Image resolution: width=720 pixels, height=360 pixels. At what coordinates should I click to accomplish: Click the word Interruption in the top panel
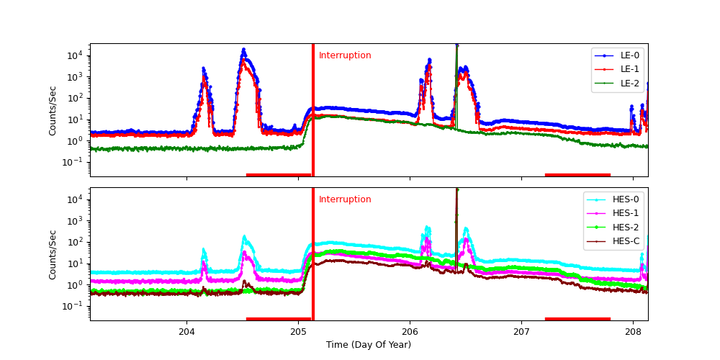(x=345, y=55)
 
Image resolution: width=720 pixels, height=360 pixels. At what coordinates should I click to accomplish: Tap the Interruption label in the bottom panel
(x=345, y=199)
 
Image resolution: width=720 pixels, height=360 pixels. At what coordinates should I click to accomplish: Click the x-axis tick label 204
(x=187, y=332)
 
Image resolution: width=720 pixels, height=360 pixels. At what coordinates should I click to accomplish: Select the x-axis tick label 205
(x=299, y=332)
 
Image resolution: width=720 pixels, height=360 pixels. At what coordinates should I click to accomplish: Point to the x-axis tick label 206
(x=410, y=332)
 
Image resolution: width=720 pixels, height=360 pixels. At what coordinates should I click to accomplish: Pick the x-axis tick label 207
(x=521, y=332)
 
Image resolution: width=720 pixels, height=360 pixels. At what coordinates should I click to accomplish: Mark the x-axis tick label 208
(x=633, y=332)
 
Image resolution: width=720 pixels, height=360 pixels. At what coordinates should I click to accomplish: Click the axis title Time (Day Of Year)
(x=369, y=345)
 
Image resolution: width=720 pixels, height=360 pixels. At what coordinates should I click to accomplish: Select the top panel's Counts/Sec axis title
(x=53, y=110)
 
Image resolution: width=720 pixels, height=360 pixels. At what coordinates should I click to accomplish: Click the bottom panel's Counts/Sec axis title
(x=53, y=254)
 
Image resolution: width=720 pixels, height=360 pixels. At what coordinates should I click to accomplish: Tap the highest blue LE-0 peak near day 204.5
(x=243, y=50)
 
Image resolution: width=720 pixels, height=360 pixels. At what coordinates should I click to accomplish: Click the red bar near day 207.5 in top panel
(x=577, y=174)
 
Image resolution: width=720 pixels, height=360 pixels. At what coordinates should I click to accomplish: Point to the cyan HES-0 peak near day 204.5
(x=244, y=236)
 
